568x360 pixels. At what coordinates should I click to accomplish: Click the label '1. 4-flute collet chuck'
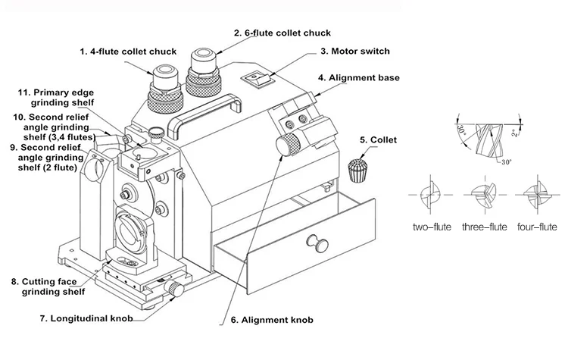click(x=128, y=52)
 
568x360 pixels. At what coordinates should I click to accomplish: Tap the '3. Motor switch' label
click(x=354, y=52)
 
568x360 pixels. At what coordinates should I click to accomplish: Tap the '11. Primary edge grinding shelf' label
click(x=56, y=97)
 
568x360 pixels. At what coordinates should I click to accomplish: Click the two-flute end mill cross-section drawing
click(x=432, y=194)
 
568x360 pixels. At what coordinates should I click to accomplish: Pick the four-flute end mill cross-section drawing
click(x=536, y=194)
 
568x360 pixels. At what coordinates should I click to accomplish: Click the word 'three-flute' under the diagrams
click(x=485, y=227)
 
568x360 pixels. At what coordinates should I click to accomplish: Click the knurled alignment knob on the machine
click(x=289, y=144)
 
